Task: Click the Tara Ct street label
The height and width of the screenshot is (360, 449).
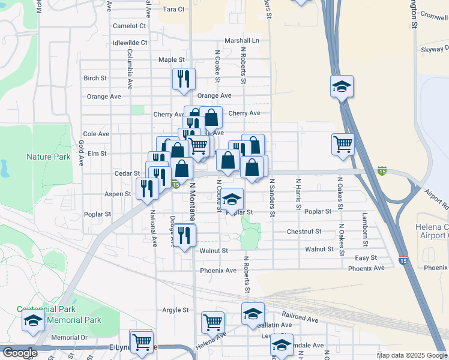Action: click(x=173, y=10)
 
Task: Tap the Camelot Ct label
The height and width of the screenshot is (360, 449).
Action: click(x=130, y=26)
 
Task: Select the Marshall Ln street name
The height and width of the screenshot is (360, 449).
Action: click(x=241, y=41)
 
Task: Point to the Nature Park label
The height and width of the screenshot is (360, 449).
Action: click(x=48, y=157)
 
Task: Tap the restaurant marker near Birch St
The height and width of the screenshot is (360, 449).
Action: click(x=184, y=79)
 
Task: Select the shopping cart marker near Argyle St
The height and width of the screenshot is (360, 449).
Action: click(x=212, y=322)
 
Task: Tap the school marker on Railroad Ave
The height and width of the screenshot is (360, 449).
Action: click(x=253, y=313)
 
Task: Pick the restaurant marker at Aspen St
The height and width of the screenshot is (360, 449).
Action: click(x=147, y=188)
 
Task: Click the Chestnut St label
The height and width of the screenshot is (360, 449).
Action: click(x=304, y=231)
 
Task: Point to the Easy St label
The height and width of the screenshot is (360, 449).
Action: click(x=365, y=258)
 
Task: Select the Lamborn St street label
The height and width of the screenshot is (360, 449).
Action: click(x=364, y=225)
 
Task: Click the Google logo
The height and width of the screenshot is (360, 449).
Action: click(x=19, y=353)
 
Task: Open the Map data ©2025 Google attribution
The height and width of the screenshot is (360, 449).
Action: click(x=412, y=355)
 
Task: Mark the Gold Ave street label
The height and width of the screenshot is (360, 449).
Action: click(x=81, y=150)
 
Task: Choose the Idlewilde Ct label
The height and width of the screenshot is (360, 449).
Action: click(x=130, y=43)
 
